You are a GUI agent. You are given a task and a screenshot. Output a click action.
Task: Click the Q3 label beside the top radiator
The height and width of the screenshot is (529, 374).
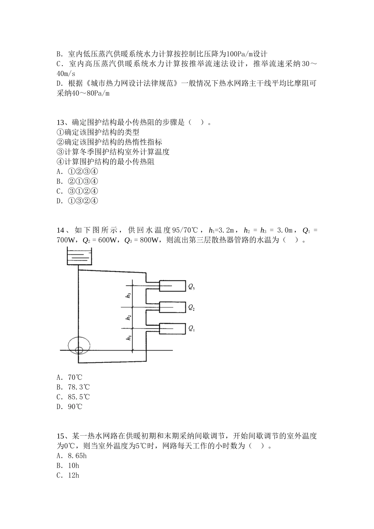click(x=192, y=287)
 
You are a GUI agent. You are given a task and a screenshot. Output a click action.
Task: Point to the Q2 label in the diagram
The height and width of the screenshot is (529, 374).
click(x=192, y=307)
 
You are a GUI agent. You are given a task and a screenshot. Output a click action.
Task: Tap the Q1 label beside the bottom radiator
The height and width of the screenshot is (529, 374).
click(x=192, y=328)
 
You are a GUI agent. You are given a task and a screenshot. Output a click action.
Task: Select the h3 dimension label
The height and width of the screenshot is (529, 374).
click(x=129, y=295)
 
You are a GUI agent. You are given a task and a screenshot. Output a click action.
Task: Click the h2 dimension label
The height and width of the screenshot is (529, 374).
click(x=129, y=317)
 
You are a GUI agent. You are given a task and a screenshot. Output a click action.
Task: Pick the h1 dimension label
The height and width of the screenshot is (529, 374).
click(x=129, y=338)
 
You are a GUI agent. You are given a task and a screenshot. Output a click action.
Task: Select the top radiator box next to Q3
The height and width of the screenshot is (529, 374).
click(x=172, y=286)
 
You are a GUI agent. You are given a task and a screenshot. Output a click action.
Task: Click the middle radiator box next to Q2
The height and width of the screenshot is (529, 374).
click(x=172, y=307)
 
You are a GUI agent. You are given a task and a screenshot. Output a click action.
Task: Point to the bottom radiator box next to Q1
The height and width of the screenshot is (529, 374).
click(x=172, y=328)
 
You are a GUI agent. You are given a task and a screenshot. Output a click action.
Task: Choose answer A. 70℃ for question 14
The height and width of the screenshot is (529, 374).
click(x=70, y=377)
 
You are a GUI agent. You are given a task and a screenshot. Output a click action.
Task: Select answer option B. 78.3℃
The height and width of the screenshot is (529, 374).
click(x=73, y=387)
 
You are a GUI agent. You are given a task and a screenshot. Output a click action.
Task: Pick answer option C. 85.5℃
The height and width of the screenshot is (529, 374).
click(x=73, y=397)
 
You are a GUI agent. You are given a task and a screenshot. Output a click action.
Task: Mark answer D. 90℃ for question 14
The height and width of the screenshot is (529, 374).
click(x=70, y=407)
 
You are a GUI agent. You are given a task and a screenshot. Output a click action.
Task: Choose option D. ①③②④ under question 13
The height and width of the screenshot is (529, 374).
click(x=77, y=201)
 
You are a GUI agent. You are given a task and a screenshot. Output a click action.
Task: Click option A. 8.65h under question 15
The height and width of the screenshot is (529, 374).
click(x=72, y=456)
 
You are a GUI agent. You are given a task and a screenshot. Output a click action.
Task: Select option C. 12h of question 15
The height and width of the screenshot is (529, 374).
click(x=68, y=475)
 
